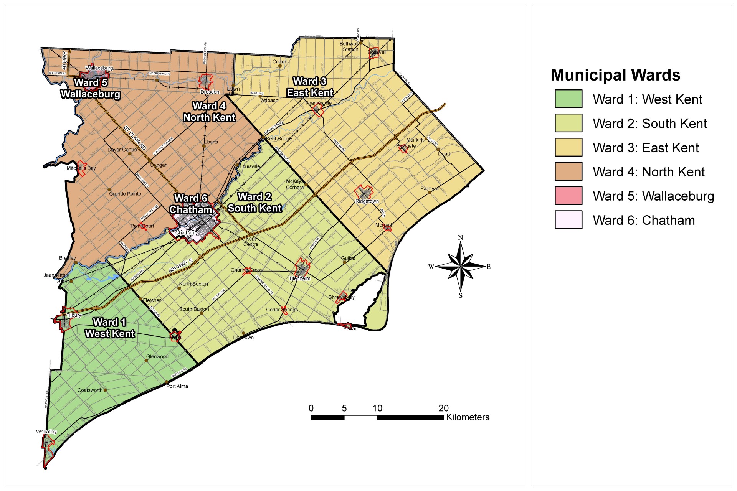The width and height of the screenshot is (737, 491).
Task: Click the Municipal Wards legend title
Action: pos(615,75)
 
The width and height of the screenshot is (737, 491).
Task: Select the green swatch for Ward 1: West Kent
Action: pos(568,99)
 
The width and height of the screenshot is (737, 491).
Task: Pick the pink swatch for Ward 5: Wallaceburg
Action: pos(568,196)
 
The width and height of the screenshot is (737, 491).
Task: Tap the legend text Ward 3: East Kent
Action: pos(646,148)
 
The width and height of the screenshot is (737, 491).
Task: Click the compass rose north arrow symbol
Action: pos(461,266)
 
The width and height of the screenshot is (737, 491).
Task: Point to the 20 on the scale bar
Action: pos(443,408)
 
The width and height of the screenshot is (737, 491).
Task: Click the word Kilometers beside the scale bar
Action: pos(468,417)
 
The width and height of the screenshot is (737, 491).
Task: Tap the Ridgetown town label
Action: pos(367,201)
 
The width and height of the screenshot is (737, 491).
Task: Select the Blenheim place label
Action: pos(300,278)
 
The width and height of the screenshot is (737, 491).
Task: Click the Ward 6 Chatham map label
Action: pos(191,204)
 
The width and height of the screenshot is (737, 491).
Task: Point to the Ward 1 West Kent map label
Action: pos(110,328)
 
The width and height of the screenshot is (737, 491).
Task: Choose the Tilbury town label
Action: pos(74,315)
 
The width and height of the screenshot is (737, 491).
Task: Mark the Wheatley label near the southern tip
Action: pos(46,432)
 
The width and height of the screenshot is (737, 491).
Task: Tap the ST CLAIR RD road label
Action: pos(135,138)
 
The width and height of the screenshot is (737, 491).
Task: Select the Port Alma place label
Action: pos(177,386)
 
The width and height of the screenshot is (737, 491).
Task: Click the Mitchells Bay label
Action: pos(81,168)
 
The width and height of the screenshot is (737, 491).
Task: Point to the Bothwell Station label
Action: pos(349,46)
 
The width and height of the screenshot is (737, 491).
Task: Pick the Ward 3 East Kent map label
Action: pos(310,87)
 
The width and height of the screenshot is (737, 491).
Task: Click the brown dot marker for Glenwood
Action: pos(146,361)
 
